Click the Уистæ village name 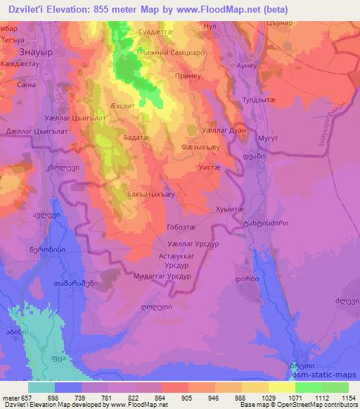tap(210, 169)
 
